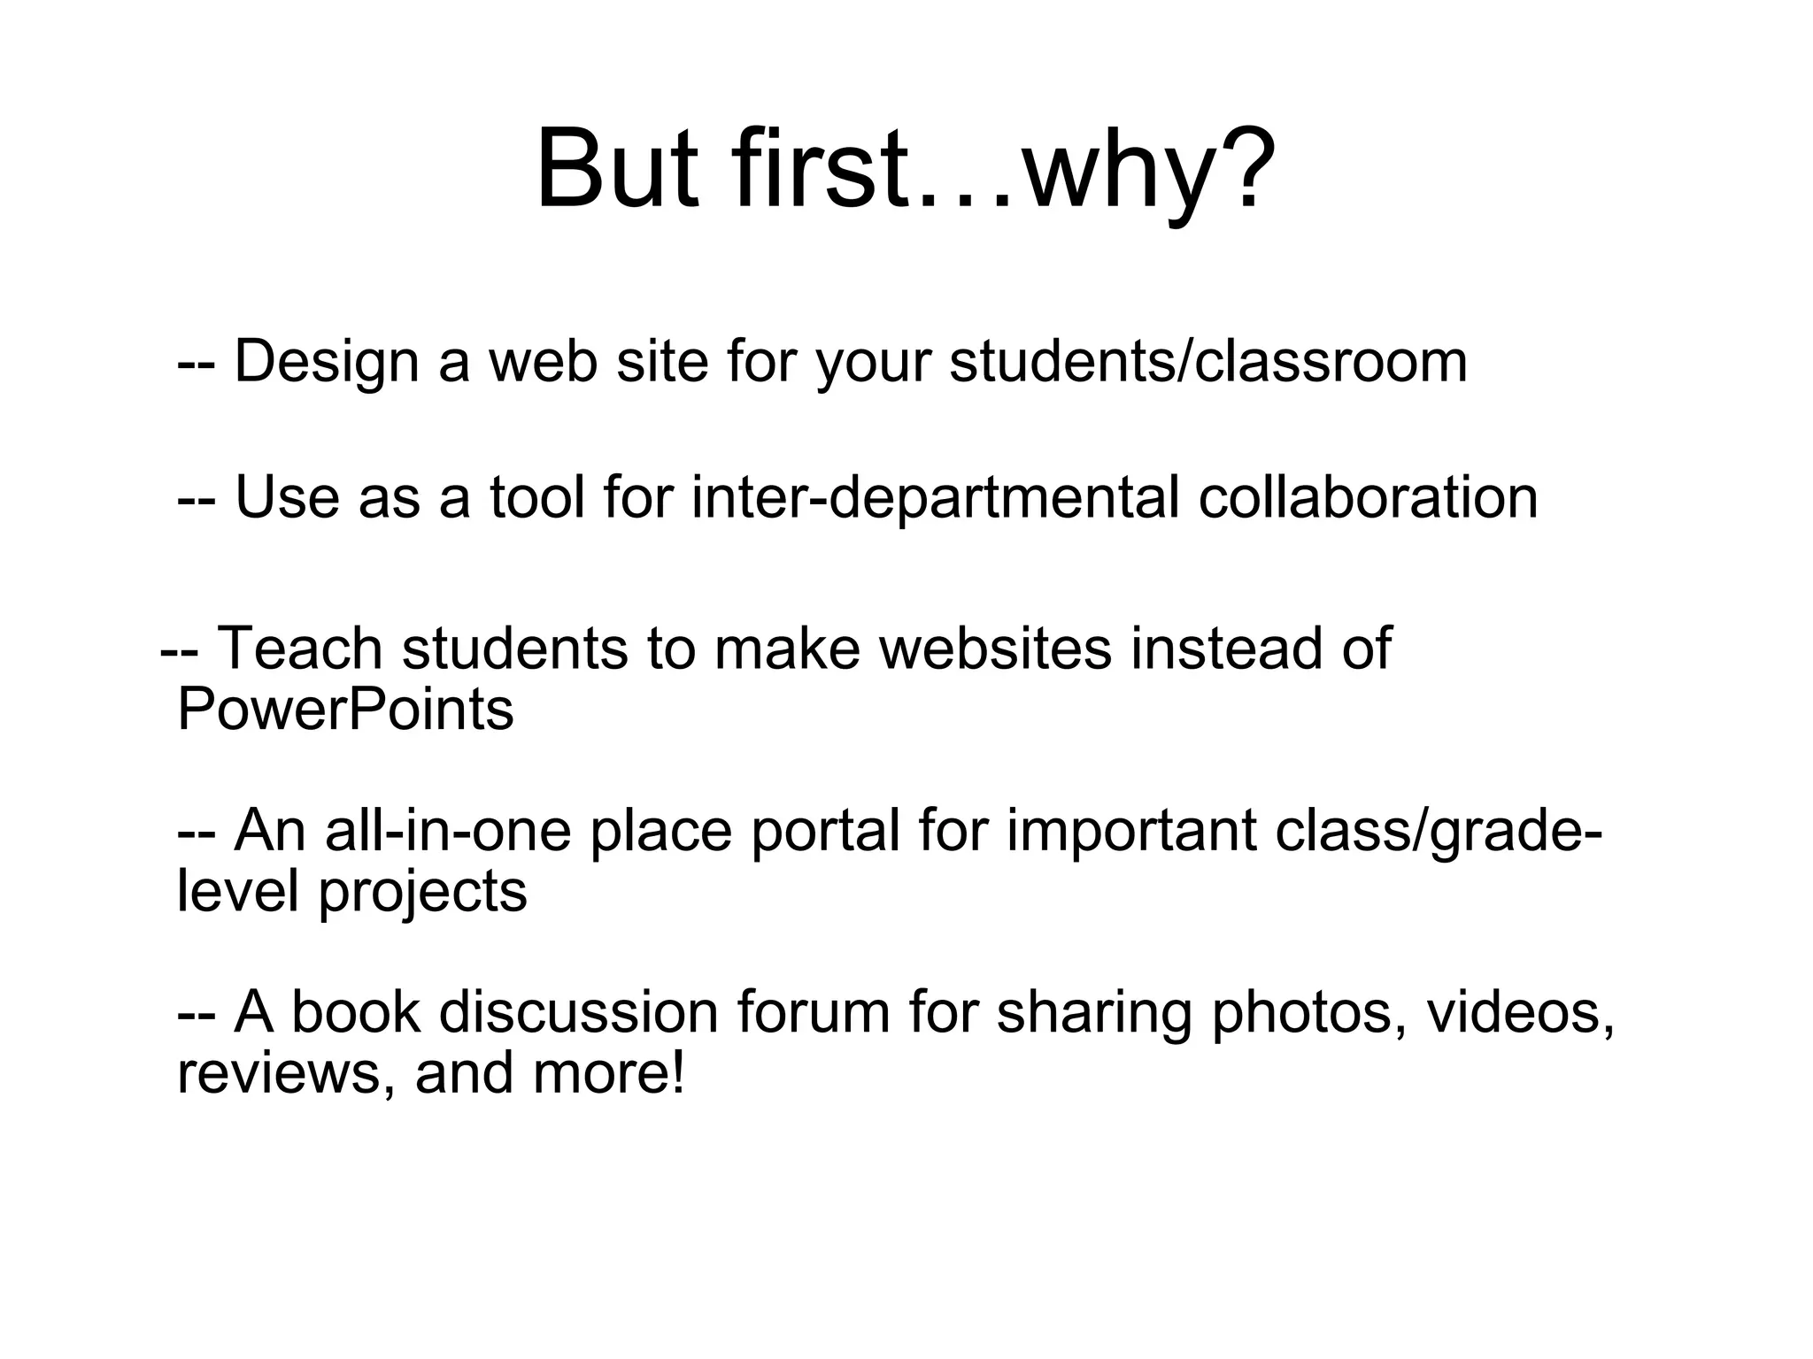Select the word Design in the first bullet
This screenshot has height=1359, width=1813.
coord(326,363)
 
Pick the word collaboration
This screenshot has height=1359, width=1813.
coord(1368,497)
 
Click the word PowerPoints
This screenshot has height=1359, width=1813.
coord(345,710)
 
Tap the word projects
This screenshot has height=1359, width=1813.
coord(422,892)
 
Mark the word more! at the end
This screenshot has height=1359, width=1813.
coord(609,1073)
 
